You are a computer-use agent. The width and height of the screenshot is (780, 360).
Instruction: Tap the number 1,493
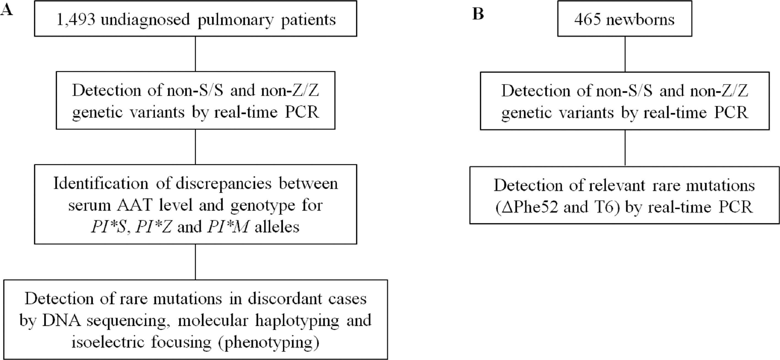click(76, 20)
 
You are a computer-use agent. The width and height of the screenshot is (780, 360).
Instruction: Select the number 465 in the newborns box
click(588, 20)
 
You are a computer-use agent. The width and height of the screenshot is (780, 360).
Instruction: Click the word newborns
click(640, 20)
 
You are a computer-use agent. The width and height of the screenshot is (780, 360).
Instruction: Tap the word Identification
click(101, 184)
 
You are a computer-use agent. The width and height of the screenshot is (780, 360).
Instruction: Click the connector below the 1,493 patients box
click(195, 54)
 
